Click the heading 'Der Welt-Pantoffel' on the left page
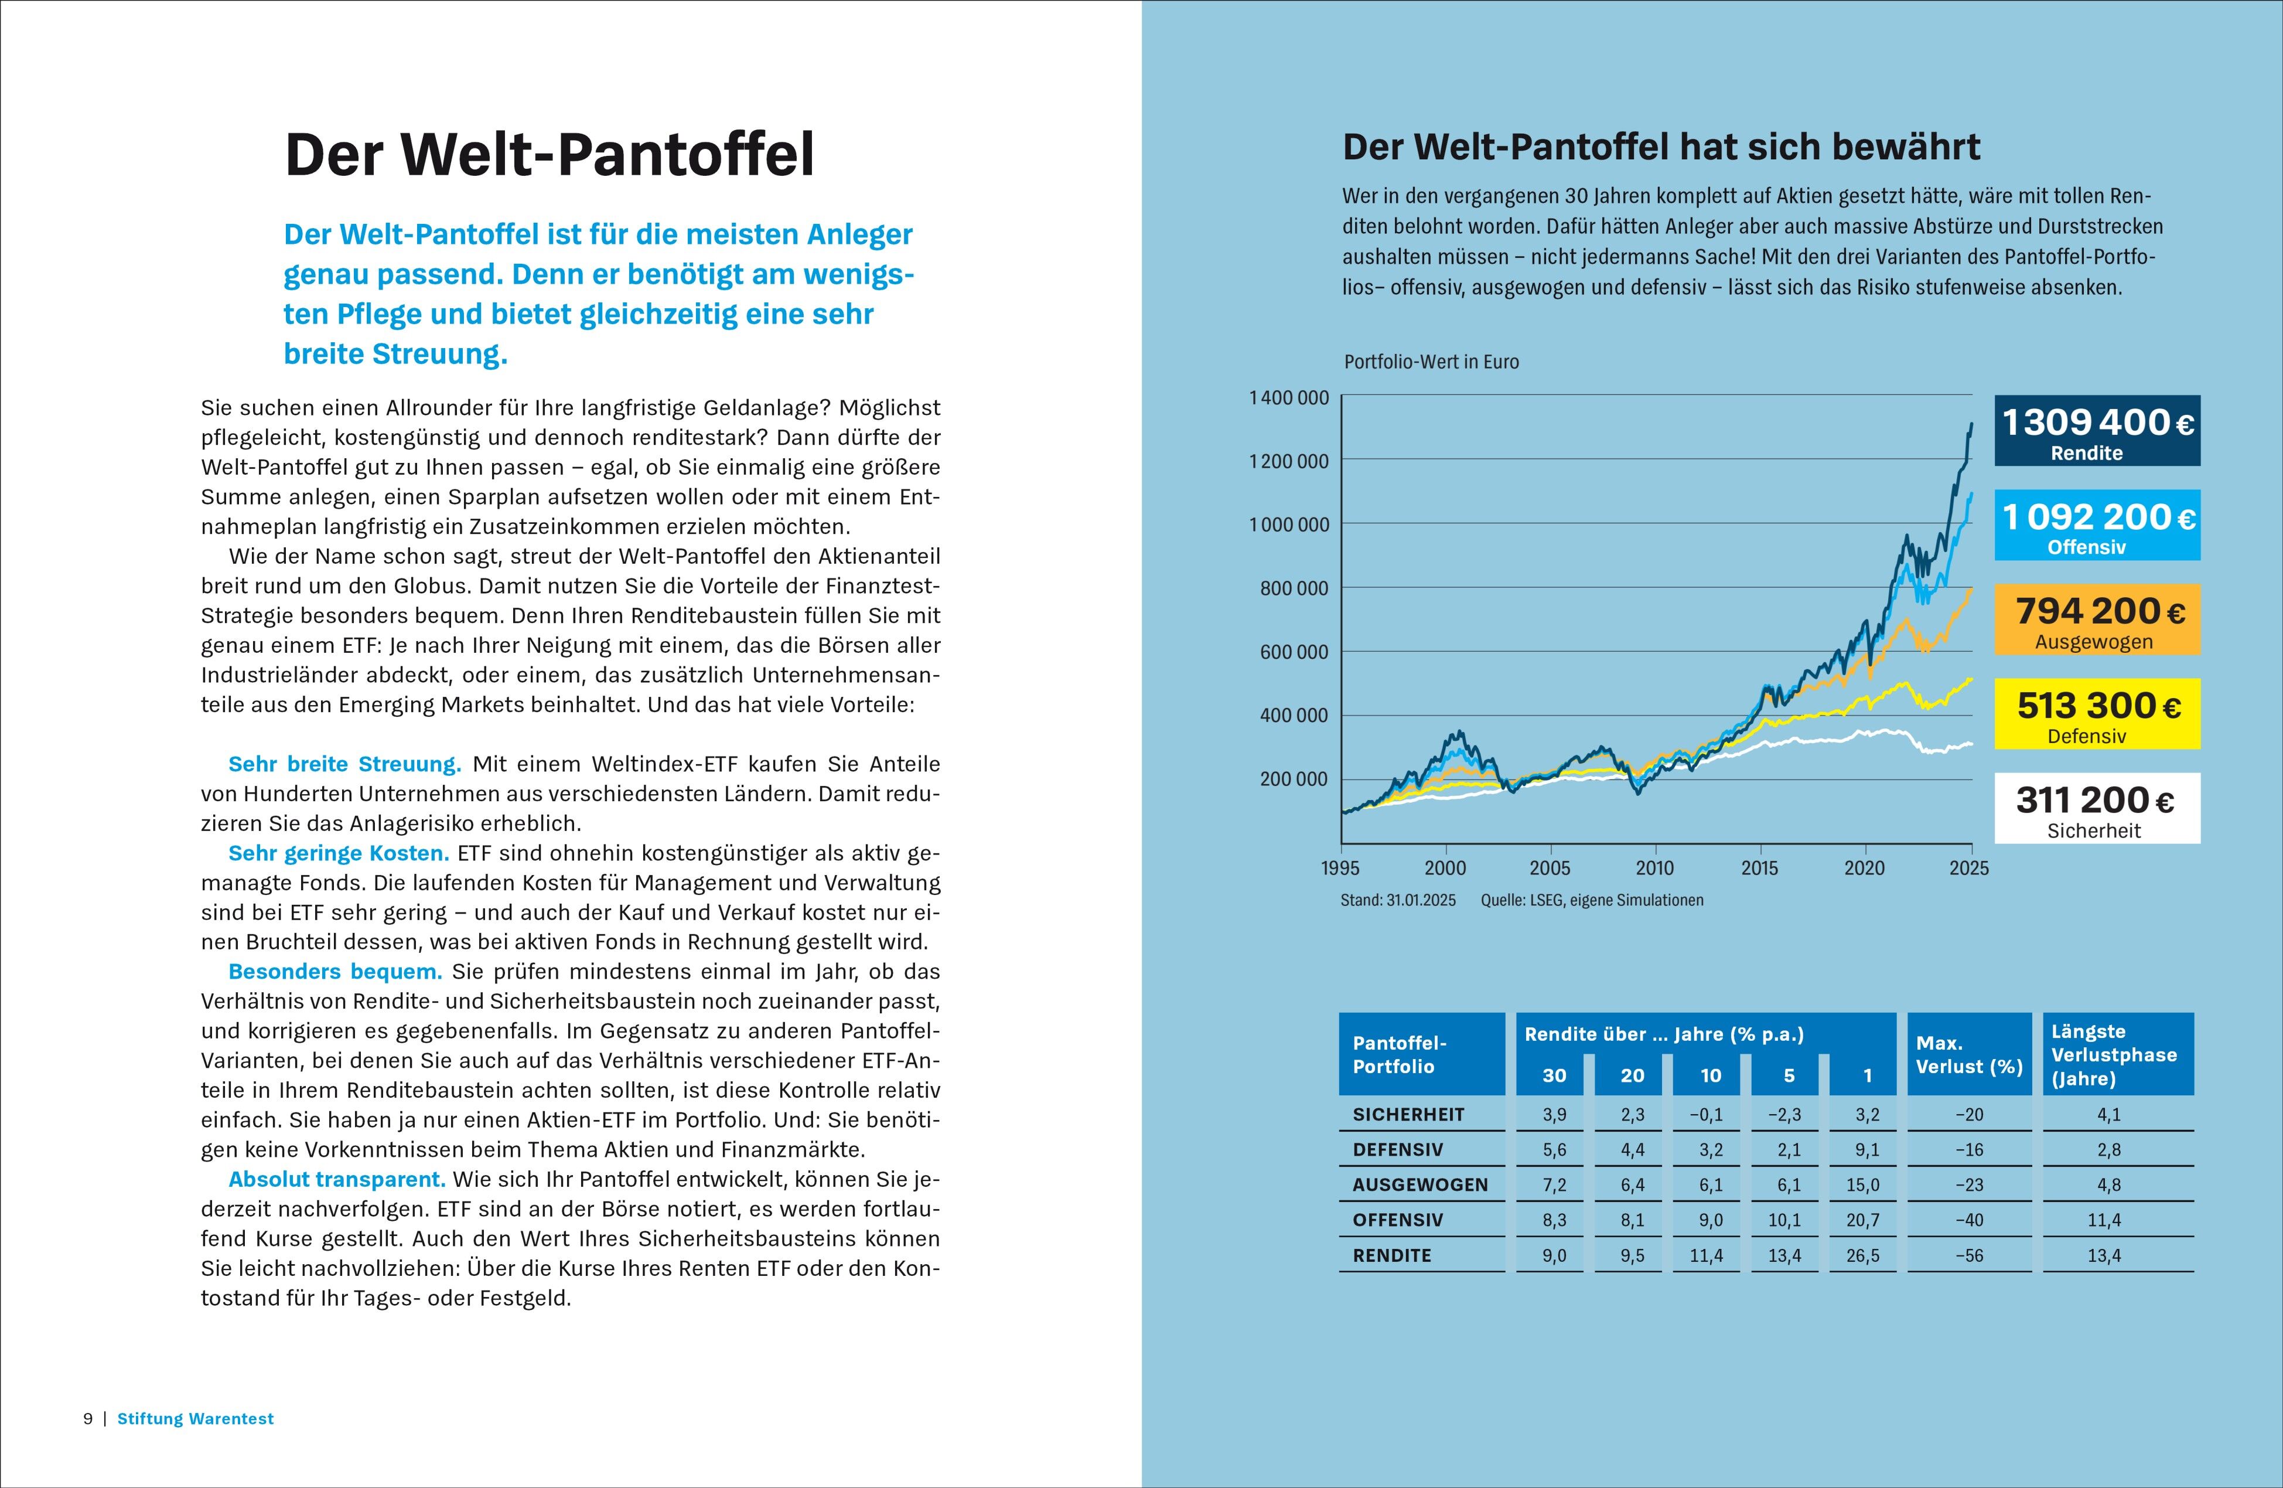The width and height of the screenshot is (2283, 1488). (x=550, y=155)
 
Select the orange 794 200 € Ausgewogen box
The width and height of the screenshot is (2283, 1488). (x=2097, y=620)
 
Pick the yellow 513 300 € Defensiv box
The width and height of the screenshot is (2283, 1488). (x=2097, y=714)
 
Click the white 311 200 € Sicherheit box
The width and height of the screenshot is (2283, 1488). (x=2097, y=808)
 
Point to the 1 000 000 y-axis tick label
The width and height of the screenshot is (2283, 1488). (x=1288, y=525)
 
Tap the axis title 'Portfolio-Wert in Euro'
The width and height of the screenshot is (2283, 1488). (x=1431, y=362)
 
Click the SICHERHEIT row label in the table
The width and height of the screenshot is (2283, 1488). (x=1408, y=1115)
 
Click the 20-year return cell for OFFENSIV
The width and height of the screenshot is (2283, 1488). (x=1633, y=1220)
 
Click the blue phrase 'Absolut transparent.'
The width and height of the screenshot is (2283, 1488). (x=337, y=1179)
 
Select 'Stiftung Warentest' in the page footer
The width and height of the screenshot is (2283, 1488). (x=196, y=1419)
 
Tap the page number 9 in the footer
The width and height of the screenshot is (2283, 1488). (x=88, y=1419)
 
